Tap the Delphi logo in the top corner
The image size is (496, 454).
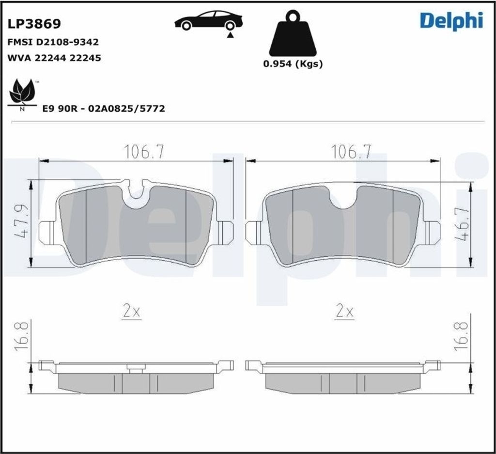[x=451, y=20]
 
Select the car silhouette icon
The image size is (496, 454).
[x=208, y=20]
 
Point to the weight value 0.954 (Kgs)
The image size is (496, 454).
[x=293, y=63]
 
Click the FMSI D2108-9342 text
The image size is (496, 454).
[x=53, y=43]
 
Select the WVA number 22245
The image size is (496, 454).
[x=85, y=58]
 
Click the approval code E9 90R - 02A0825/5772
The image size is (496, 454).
[x=103, y=109]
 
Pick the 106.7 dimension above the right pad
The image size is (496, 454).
[x=351, y=152]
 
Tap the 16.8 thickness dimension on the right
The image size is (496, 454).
[x=461, y=336]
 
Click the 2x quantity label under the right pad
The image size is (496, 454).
[x=344, y=311]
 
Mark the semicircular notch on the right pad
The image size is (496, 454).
[x=343, y=197]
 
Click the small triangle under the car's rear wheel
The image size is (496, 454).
[x=231, y=34]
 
